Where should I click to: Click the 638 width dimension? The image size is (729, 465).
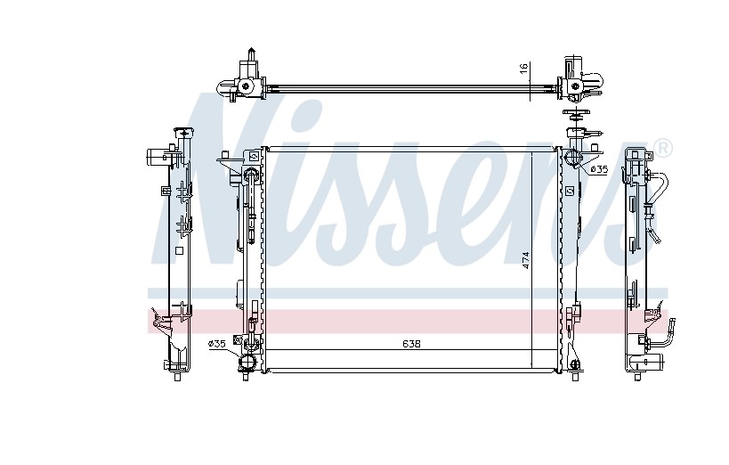point(411,344)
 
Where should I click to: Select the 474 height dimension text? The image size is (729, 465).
point(526,260)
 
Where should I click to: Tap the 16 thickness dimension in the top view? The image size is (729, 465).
point(524,67)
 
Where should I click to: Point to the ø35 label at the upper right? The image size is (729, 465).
point(599,170)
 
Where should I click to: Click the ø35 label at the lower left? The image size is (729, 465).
point(217,344)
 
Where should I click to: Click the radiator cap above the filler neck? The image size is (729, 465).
point(576,112)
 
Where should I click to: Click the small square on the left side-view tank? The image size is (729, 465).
point(180,251)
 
